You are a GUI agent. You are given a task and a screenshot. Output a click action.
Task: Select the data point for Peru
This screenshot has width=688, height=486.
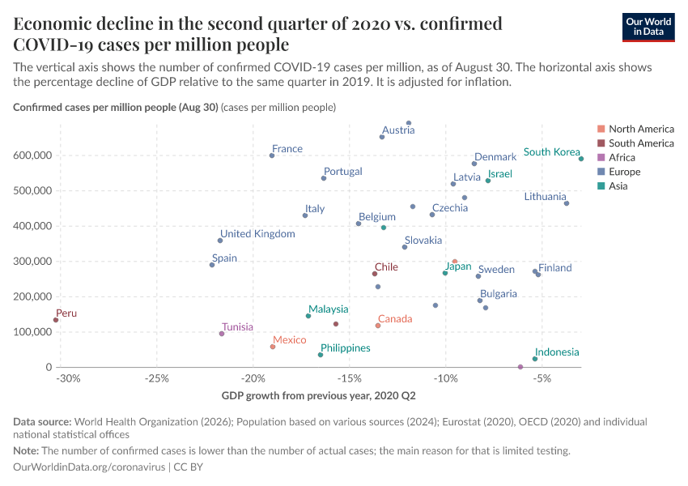[x=56, y=320]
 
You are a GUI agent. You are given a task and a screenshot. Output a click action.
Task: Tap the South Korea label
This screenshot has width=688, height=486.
[x=551, y=152]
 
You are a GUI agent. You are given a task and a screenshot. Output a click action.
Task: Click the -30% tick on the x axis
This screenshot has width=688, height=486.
[x=68, y=378]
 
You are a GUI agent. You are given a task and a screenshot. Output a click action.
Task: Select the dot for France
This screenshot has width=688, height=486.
[x=272, y=156]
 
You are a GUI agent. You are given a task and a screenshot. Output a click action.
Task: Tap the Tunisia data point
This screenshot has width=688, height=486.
[x=222, y=334]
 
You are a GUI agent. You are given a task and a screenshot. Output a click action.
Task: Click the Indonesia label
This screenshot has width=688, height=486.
[x=557, y=352]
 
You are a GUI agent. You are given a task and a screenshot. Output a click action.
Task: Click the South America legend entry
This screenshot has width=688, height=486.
[x=640, y=143]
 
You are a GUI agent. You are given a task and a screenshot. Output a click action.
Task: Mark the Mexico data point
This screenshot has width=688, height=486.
[x=273, y=347]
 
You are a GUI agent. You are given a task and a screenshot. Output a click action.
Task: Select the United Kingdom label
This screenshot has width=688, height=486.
[x=257, y=234]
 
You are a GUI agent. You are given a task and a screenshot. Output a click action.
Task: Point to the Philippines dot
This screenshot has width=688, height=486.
[x=321, y=355]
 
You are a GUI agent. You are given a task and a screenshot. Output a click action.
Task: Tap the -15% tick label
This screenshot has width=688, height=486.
[x=350, y=378]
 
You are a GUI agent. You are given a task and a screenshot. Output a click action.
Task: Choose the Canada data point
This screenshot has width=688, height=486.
[x=378, y=326]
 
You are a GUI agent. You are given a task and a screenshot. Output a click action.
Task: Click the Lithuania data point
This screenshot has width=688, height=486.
[x=567, y=203]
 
